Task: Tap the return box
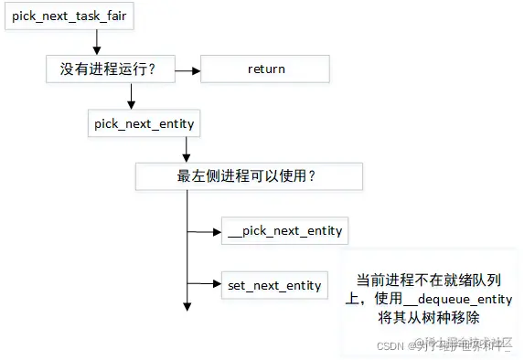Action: click(x=266, y=69)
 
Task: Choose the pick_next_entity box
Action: click(x=143, y=122)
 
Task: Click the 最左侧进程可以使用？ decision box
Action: click(x=247, y=175)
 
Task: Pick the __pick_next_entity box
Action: click(x=284, y=230)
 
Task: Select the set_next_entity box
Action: click(x=273, y=285)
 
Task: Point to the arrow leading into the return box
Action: click(x=187, y=69)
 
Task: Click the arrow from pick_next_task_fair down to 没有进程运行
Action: click(x=96, y=42)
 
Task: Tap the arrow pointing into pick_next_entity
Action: click(x=134, y=95)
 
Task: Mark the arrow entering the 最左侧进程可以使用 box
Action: click(x=187, y=149)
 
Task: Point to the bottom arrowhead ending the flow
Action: click(x=187, y=305)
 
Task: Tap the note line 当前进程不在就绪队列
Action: click(x=433, y=281)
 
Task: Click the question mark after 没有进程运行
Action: click(x=164, y=69)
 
